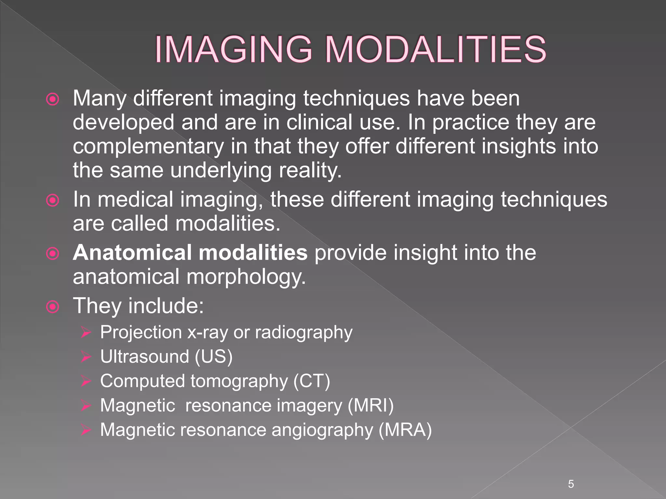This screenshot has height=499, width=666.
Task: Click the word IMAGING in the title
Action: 233,50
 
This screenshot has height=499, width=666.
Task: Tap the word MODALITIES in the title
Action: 435,50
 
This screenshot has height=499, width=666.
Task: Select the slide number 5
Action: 571,484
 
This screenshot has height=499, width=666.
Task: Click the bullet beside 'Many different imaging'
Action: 53,99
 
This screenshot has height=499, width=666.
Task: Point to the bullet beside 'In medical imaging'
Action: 53,200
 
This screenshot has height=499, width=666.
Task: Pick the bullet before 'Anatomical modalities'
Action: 53,254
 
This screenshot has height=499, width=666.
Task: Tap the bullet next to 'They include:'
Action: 53,307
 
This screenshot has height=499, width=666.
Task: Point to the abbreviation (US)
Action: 214,357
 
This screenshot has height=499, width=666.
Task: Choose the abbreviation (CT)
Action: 312,381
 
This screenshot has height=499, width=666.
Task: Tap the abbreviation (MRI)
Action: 370,405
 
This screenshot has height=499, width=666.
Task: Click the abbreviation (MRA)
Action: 405,430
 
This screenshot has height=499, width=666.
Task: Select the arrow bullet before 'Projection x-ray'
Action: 86,333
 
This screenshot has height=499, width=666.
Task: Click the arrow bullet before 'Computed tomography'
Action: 86,381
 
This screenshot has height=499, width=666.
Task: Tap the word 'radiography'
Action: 304,333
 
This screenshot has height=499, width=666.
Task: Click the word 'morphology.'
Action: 246,277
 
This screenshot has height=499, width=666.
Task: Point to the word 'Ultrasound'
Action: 145,357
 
